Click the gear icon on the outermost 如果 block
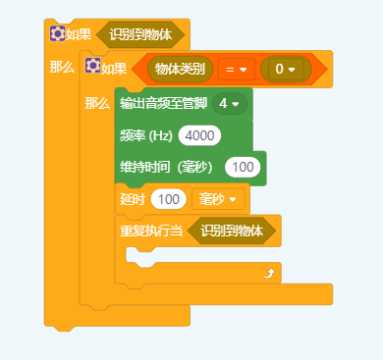pos(57,34)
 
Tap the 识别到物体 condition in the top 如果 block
pos(140,34)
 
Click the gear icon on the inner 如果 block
pos(93,69)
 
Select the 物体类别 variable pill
pos(181,70)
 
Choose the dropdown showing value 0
pos(285,70)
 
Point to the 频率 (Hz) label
pos(146,135)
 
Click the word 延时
pos(132,199)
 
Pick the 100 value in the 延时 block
pos(170,199)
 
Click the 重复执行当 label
pos(151,231)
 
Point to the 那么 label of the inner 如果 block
pos(98,103)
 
